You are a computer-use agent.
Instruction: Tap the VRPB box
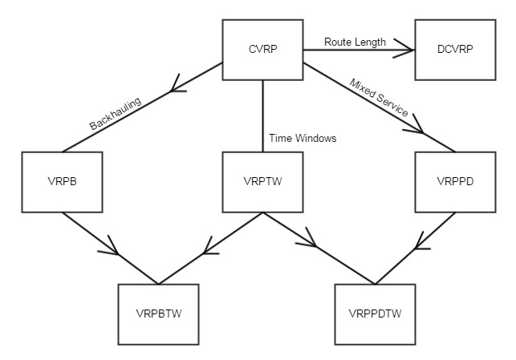click(62, 181)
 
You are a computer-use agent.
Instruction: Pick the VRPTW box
click(262, 181)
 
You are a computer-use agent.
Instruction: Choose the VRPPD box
click(455, 181)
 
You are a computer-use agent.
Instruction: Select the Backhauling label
click(115, 115)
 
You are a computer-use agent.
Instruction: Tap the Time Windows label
click(303, 138)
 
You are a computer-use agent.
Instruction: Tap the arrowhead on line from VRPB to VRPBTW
click(113, 248)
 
